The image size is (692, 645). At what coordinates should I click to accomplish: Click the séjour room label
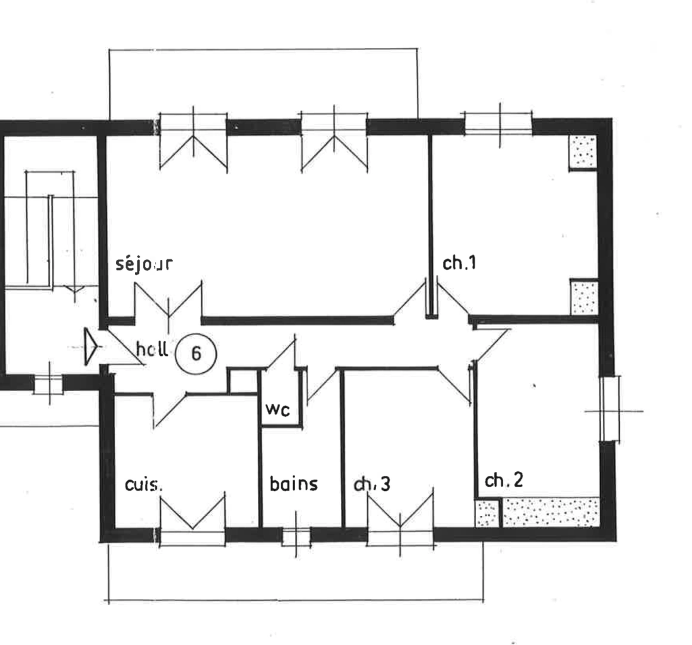click(144, 263)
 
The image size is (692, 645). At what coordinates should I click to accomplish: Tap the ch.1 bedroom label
click(459, 263)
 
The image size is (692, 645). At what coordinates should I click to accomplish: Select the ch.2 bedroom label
click(504, 480)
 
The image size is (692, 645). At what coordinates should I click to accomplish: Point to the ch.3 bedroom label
click(373, 484)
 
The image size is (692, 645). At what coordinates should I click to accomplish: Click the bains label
click(294, 483)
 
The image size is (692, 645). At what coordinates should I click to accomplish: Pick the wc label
click(278, 410)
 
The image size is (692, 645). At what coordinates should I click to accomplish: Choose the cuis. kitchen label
click(143, 484)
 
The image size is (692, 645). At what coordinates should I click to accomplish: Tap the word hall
click(152, 349)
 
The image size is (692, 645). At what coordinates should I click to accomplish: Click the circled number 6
click(196, 354)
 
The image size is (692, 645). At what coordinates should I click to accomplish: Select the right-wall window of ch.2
click(610, 410)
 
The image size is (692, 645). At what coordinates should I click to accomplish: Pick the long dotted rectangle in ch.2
click(550, 512)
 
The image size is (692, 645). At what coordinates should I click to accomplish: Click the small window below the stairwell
click(48, 383)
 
